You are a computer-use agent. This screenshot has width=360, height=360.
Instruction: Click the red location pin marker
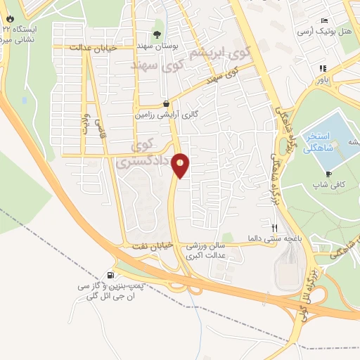click(x=181, y=165)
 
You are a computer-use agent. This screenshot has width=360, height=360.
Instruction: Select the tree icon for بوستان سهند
click(x=157, y=33)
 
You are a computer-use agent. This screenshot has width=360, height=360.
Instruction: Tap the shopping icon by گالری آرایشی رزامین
click(x=165, y=103)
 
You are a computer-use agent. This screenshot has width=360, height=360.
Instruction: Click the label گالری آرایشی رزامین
click(x=165, y=113)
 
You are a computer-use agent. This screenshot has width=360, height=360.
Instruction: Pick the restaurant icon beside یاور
click(x=323, y=68)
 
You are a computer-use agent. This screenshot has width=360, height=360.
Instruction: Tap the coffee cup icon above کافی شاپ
click(x=328, y=174)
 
